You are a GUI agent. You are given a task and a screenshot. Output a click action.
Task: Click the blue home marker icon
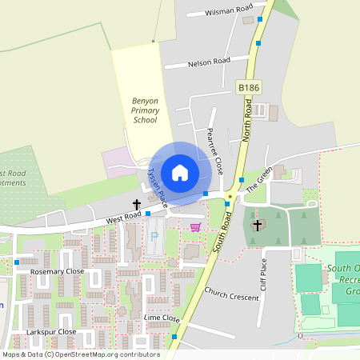179,173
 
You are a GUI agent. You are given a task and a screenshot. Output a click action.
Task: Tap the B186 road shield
249,86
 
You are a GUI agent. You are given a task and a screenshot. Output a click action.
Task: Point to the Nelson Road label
208,62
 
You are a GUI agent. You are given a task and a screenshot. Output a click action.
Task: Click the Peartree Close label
214,151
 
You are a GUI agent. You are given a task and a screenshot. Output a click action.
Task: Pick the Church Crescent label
232,294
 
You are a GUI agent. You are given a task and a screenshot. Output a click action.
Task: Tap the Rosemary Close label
57,272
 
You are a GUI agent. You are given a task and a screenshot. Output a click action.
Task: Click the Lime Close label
161,318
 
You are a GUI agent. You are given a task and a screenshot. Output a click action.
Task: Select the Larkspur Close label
51,331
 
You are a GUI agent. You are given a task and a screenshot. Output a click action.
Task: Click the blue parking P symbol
154,237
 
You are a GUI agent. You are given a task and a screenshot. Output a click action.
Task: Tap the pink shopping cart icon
194,227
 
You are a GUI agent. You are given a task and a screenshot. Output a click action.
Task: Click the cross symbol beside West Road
137,205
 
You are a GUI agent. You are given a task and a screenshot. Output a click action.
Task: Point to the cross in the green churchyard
257,225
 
